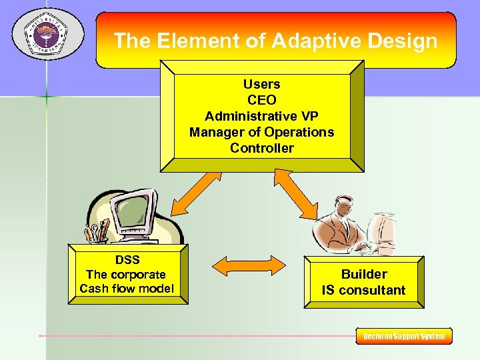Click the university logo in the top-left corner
(45, 33)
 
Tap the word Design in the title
(404, 41)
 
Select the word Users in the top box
(261, 85)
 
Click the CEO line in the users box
(261, 101)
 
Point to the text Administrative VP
(261, 117)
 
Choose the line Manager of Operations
(261, 132)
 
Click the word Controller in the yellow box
(261, 148)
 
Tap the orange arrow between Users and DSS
(194, 193)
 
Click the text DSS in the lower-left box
(126, 259)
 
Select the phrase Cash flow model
(126, 289)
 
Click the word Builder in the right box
(363, 274)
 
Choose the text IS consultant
(363, 290)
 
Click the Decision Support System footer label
(404, 336)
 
